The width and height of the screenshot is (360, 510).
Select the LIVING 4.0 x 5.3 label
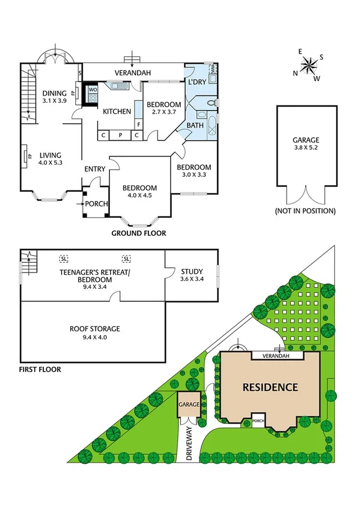(51, 158)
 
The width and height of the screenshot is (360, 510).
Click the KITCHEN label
(117, 111)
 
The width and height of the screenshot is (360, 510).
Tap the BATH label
(195, 126)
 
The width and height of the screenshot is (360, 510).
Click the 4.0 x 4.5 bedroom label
(139, 192)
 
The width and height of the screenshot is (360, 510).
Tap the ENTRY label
(95, 169)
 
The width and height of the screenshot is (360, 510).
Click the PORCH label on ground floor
(97, 204)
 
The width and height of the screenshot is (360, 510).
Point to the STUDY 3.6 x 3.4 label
(191, 275)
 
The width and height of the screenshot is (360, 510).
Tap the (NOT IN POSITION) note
(305, 211)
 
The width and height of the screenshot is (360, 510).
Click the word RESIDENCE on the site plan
(270, 387)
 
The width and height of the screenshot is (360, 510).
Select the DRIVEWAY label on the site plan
(189, 444)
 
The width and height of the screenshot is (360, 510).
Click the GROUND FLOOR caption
(139, 233)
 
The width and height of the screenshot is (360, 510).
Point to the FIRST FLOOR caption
(40, 369)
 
